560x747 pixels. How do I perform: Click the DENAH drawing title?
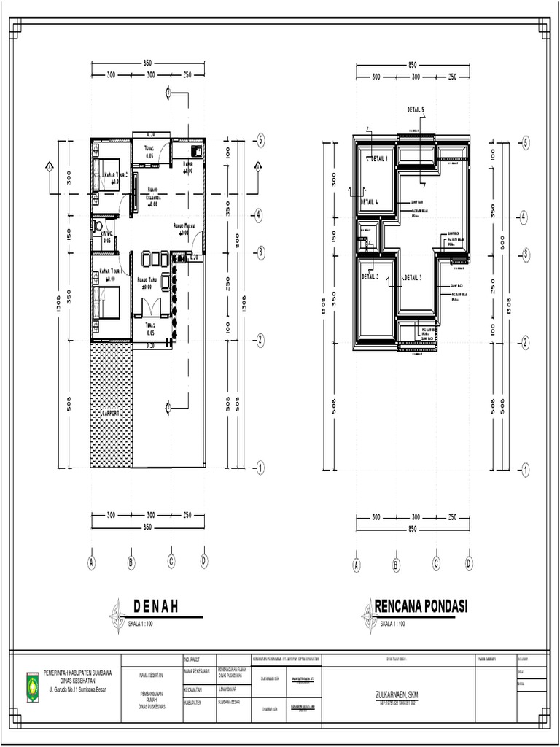pyautogui.click(x=156, y=607)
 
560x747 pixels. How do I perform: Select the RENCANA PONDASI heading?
pyautogui.click(x=421, y=607)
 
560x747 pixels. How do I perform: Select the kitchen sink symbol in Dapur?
pyautogui.click(x=196, y=150)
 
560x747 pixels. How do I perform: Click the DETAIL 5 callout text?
pyautogui.click(x=415, y=109)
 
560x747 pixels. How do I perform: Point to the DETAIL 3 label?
pyautogui.click(x=412, y=277)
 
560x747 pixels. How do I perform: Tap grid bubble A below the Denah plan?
pyautogui.click(x=92, y=562)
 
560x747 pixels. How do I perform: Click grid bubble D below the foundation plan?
pyautogui.click(x=469, y=563)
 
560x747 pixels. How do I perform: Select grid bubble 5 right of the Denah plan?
pyautogui.click(x=260, y=141)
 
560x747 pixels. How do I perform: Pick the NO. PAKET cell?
pyautogui.click(x=194, y=658)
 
